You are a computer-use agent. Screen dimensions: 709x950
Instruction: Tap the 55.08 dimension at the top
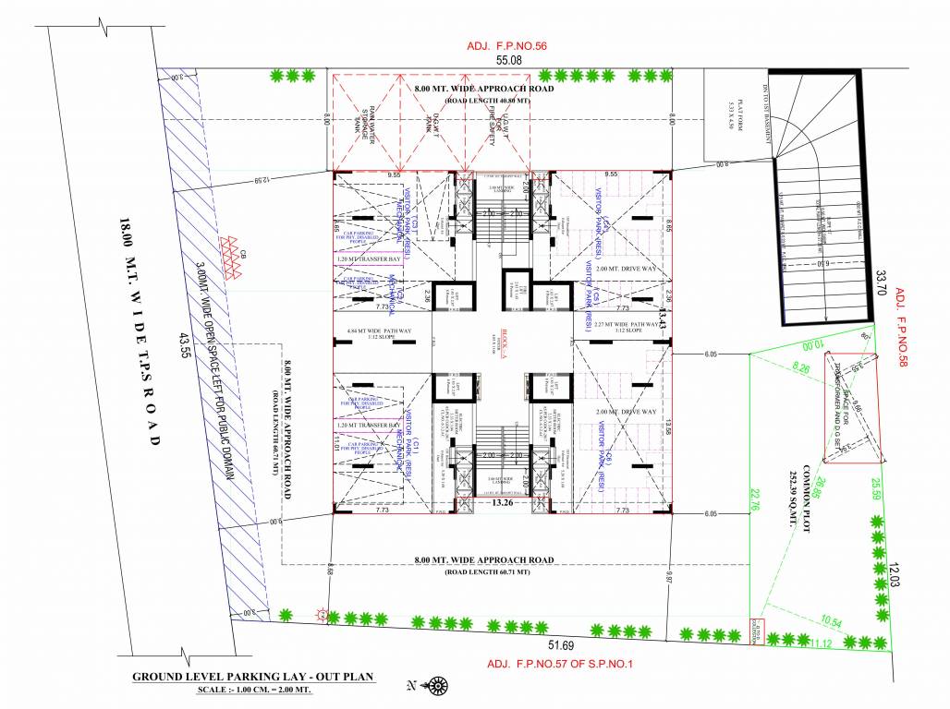[x=509, y=60]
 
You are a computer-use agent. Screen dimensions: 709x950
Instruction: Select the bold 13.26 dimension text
[x=503, y=504]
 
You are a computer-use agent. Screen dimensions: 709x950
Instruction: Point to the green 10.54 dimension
[x=830, y=621]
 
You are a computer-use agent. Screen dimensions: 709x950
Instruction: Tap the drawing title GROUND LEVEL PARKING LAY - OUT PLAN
[x=252, y=677]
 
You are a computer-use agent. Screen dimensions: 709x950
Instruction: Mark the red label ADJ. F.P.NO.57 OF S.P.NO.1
[x=563, y=664]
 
